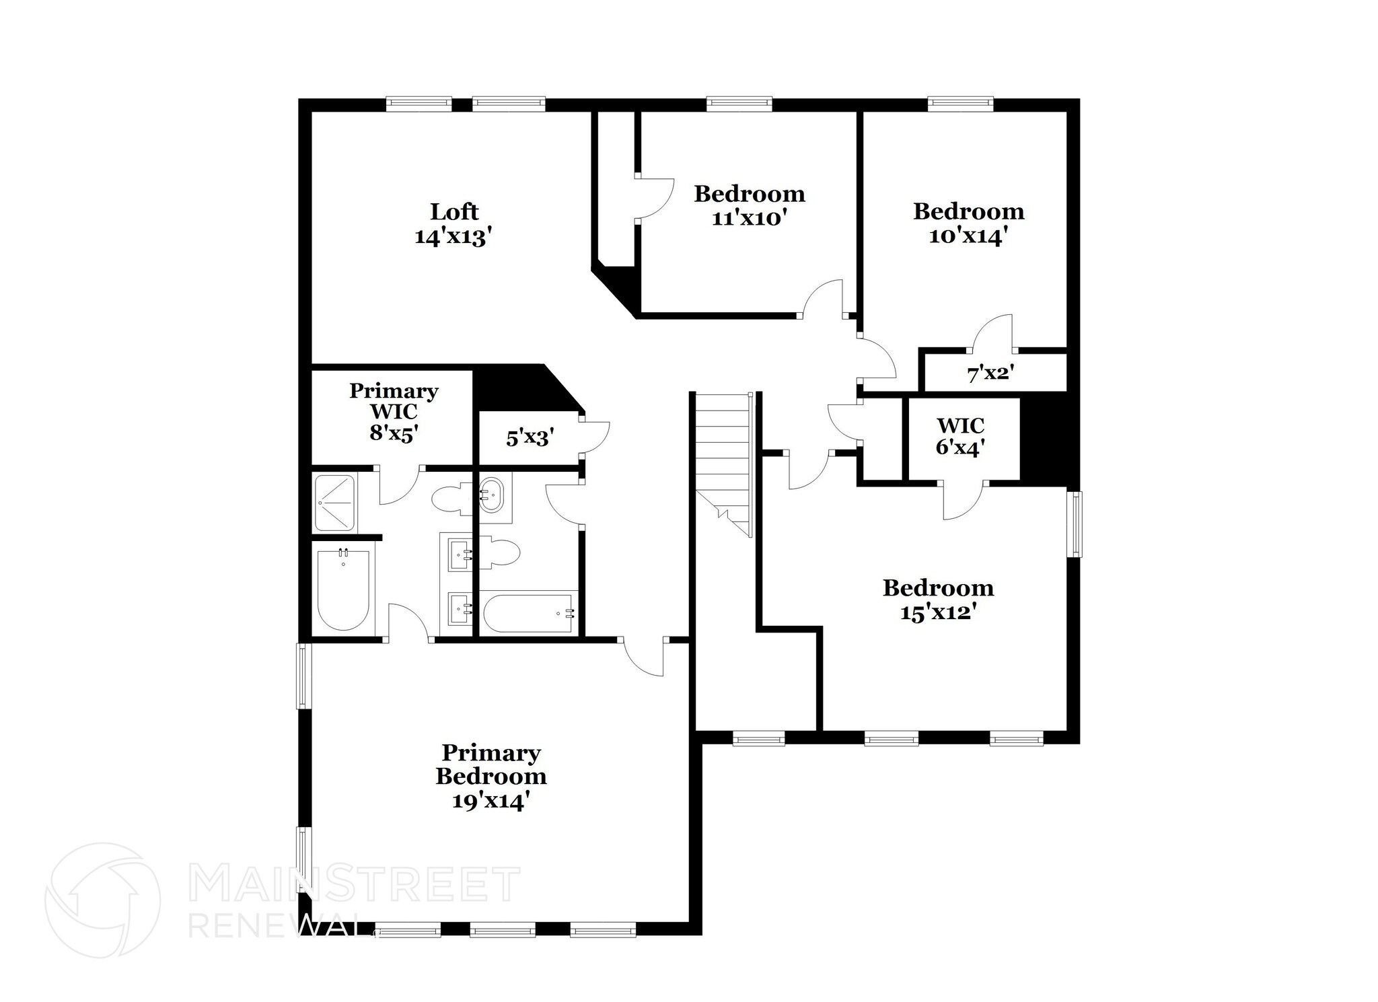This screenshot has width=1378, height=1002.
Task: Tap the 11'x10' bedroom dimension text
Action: [x=749, y=219]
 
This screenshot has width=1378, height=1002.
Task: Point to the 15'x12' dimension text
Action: [x=938, y=613]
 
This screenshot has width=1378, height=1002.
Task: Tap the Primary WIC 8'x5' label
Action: [x=394, y=411]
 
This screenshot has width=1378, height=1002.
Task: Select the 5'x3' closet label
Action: [x=530, y=439]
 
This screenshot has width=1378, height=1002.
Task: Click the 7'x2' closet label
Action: [x=990, y=373]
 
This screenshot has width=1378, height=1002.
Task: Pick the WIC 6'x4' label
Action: [x=960, y=436]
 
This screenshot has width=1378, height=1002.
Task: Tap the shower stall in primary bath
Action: [x=335, y=503]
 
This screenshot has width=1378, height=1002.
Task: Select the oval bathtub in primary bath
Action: [x=343, y=590]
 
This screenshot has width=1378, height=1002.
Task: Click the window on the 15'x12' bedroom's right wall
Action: [x=1076, y=524]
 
